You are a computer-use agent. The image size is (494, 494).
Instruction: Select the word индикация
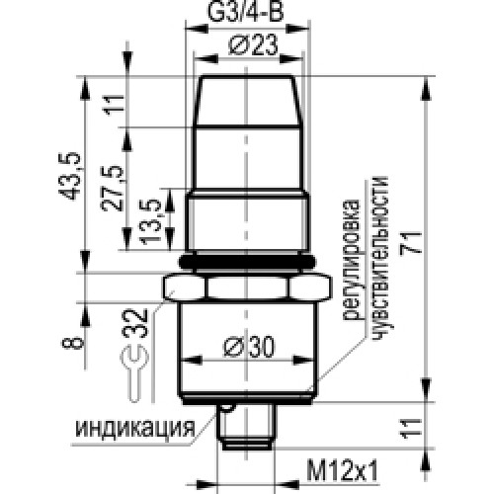point(131,428)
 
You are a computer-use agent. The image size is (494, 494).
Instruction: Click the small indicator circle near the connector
point(228,407)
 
